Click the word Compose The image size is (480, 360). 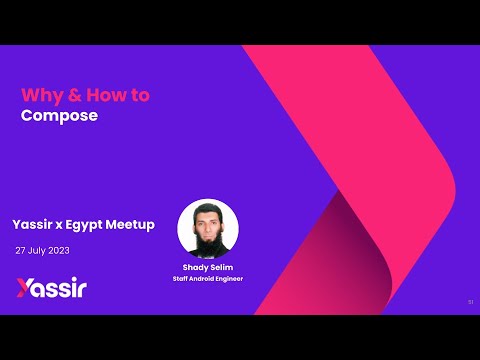tap(59, 115)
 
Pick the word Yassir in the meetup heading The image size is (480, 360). tap(33, 225)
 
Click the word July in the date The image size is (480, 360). tap(40, 250)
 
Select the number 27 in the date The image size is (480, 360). tap(21, 250)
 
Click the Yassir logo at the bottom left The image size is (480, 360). tap(51, 289)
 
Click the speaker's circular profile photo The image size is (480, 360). tap(208, 229)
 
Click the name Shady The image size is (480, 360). tap(194, 268)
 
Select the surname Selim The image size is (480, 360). tap(222, 268)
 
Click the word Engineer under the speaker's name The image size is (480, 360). tap(231, 279)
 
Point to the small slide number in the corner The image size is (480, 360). tap(470, 301)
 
